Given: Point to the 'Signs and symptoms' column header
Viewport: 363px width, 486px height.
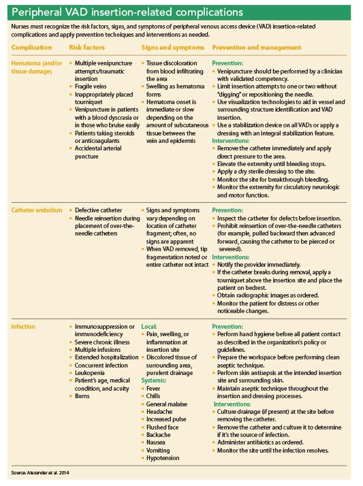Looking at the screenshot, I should click(x=172, y=47).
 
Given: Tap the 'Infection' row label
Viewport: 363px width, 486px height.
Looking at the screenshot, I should click(x=24, y=327).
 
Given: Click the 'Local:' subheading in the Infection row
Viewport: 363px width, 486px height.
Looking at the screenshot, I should click(x=149, y=327).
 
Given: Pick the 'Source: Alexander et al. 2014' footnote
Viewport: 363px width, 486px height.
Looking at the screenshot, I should click(x=40, y=472).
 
